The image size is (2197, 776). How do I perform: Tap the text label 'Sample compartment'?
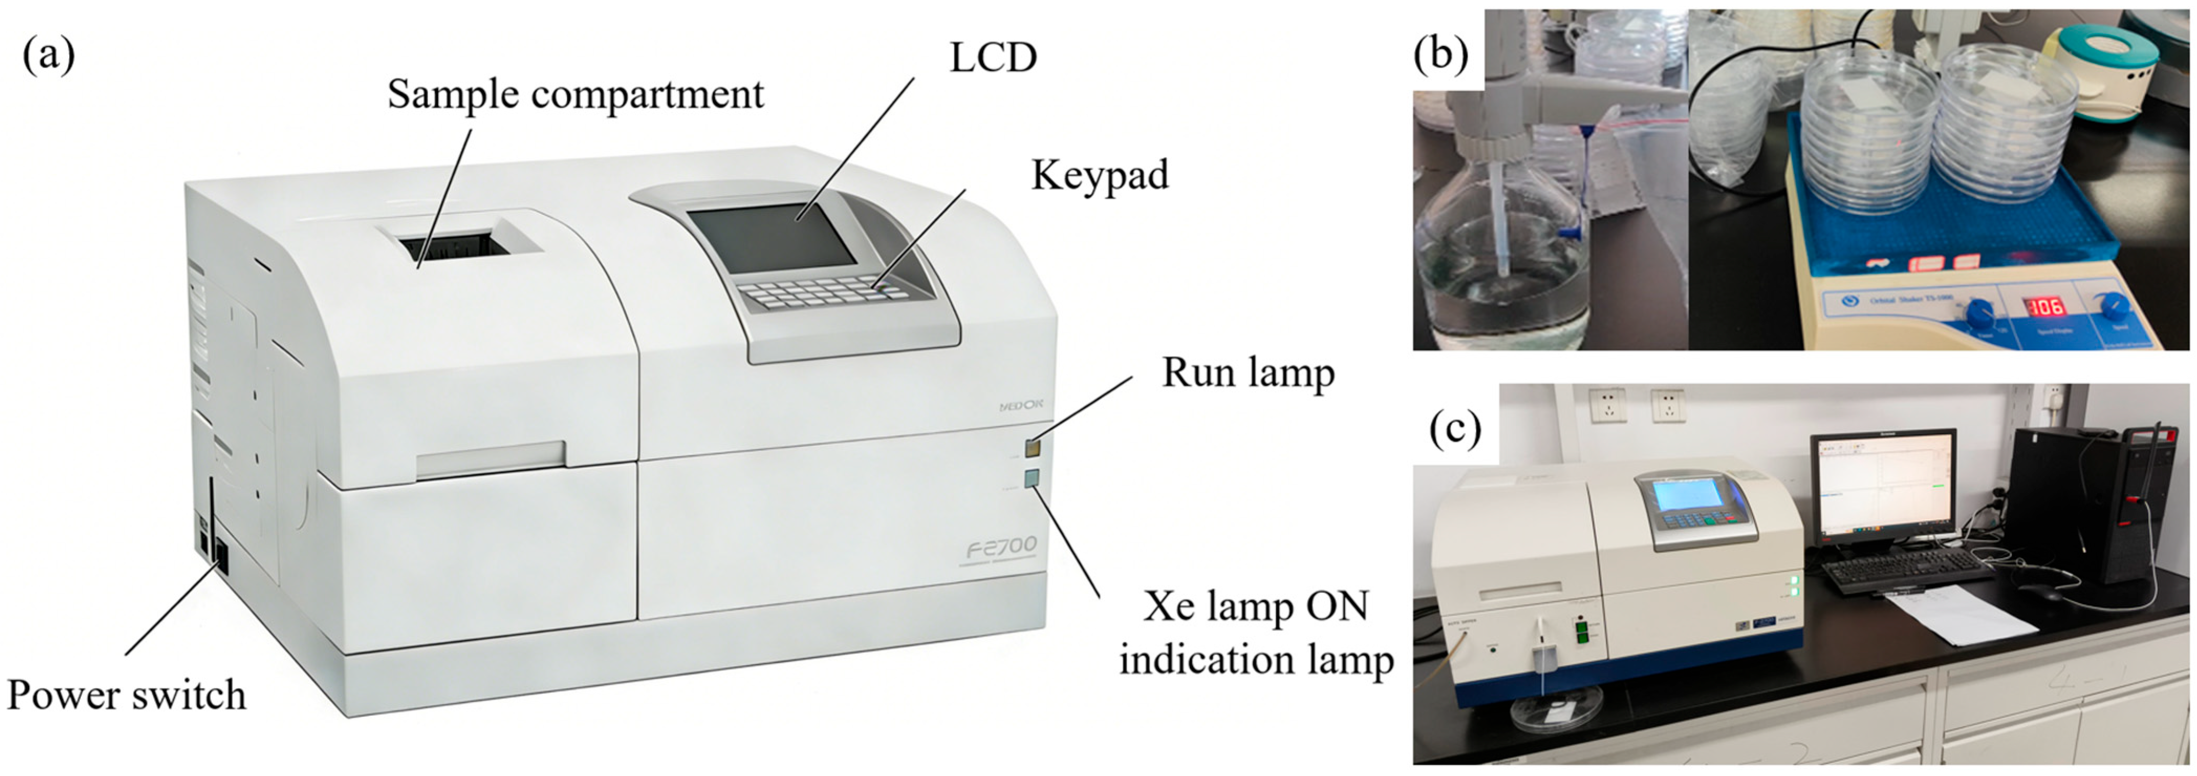point(575,94)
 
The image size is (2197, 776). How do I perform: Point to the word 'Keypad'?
point(1100,176)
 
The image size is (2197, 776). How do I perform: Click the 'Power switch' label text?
point(126,695)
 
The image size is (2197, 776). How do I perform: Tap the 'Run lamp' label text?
point(1248,373)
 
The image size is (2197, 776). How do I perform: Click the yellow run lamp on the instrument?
point(1033,449)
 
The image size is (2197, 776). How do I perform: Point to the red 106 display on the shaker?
point(2045,306)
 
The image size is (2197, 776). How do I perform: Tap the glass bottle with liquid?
point(1501,273)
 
